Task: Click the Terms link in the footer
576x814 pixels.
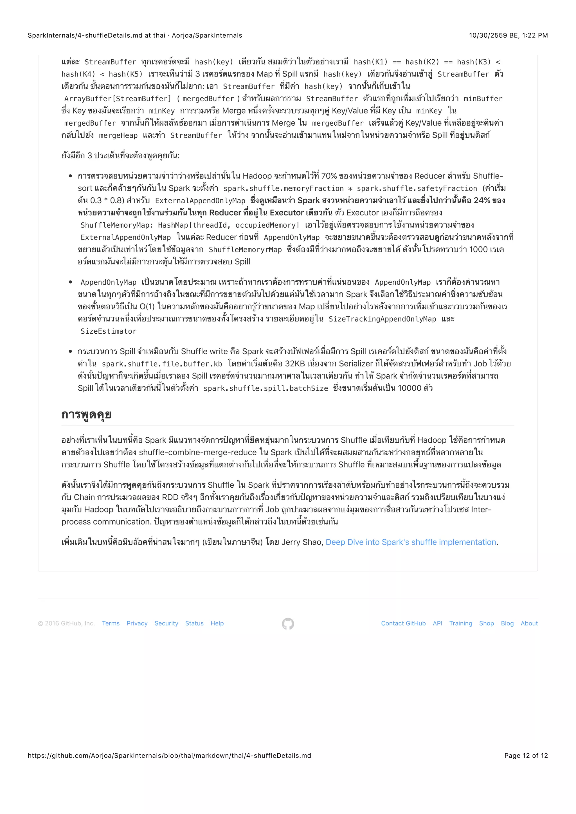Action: coord(111,623)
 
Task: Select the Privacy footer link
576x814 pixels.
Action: coord(137,623)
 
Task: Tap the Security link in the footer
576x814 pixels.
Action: coord(166,623)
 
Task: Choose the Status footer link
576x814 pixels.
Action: coord(194,623)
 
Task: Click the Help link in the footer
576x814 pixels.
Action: coord(217,623)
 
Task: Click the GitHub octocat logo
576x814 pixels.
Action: coord(288,624)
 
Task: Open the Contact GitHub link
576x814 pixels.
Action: coord(403,623)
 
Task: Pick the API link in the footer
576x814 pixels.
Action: coord(437,623)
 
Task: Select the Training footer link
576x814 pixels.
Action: coord(461,623)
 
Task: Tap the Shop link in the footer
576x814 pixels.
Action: coord(486,623)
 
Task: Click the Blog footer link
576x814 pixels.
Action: coord(507,623)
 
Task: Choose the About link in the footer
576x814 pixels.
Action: coord(529,623)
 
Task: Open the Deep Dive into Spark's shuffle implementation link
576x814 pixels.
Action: coord(411,542)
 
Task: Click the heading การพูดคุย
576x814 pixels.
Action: coord(87,414)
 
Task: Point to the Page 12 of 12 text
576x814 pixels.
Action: coord(526,756)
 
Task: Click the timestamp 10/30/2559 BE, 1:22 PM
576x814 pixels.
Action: coord(508,35)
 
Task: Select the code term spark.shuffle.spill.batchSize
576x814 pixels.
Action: coord(266,388)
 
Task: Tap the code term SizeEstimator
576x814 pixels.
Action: coord(109,331)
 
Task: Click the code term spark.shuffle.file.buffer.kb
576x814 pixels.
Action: coord(162,364)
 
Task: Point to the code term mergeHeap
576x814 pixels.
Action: coord(118,136)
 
